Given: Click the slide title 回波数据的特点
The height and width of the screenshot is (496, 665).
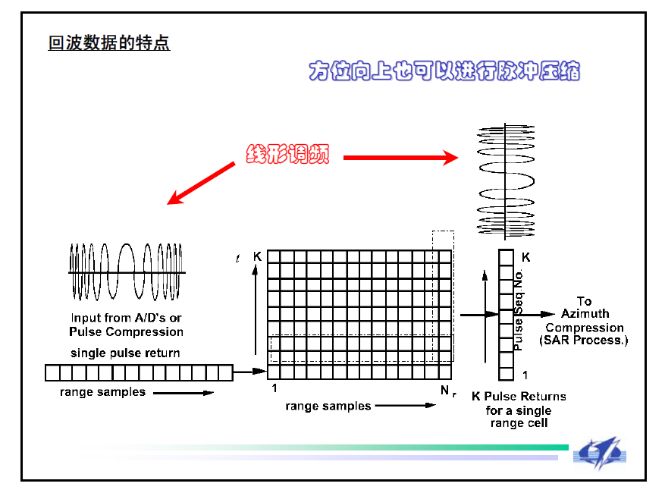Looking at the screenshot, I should click(x=109, y=43).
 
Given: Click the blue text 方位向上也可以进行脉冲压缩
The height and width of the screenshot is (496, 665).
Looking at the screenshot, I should click(x=444, y=71).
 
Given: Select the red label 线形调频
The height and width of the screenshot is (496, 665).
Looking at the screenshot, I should click(x=287, y=154).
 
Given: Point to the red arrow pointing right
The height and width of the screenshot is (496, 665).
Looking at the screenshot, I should click(x=400, y=158).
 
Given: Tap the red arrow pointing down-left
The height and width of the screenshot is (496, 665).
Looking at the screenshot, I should click(x=202, y=183).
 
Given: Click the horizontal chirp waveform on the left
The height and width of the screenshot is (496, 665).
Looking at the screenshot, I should click(x=126, y=272).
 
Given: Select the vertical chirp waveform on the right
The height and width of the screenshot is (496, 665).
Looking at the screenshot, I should click(x=506, y=181).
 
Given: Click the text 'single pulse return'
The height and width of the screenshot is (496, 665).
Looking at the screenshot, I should click(x=125, y=353).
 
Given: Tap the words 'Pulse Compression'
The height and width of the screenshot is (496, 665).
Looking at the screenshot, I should click(x=126, y=331).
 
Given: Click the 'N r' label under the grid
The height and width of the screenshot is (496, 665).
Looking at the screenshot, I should click(x=447, y=391).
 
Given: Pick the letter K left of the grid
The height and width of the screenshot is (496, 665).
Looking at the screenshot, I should click(x=257, y=257).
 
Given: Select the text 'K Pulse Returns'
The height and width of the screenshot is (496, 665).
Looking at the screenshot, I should click(x=518, y=396).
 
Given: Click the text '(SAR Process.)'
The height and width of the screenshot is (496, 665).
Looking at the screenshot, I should click(x=584, y=341).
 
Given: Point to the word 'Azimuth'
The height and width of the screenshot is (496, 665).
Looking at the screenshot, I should click(x=585, y=314).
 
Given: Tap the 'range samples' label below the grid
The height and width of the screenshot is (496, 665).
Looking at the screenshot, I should click(x=328, y=406).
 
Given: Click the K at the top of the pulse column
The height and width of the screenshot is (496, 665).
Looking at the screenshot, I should click(x=525, y=257).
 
